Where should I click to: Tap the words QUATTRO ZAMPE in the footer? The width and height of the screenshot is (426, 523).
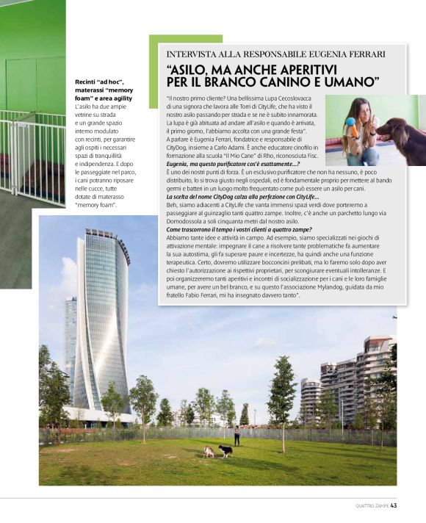[372, 505]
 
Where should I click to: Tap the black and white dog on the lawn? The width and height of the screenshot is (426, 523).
[225, 450]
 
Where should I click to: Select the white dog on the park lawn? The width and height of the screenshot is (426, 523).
[209, 451]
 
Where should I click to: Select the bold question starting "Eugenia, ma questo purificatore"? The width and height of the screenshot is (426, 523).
[233, 164]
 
